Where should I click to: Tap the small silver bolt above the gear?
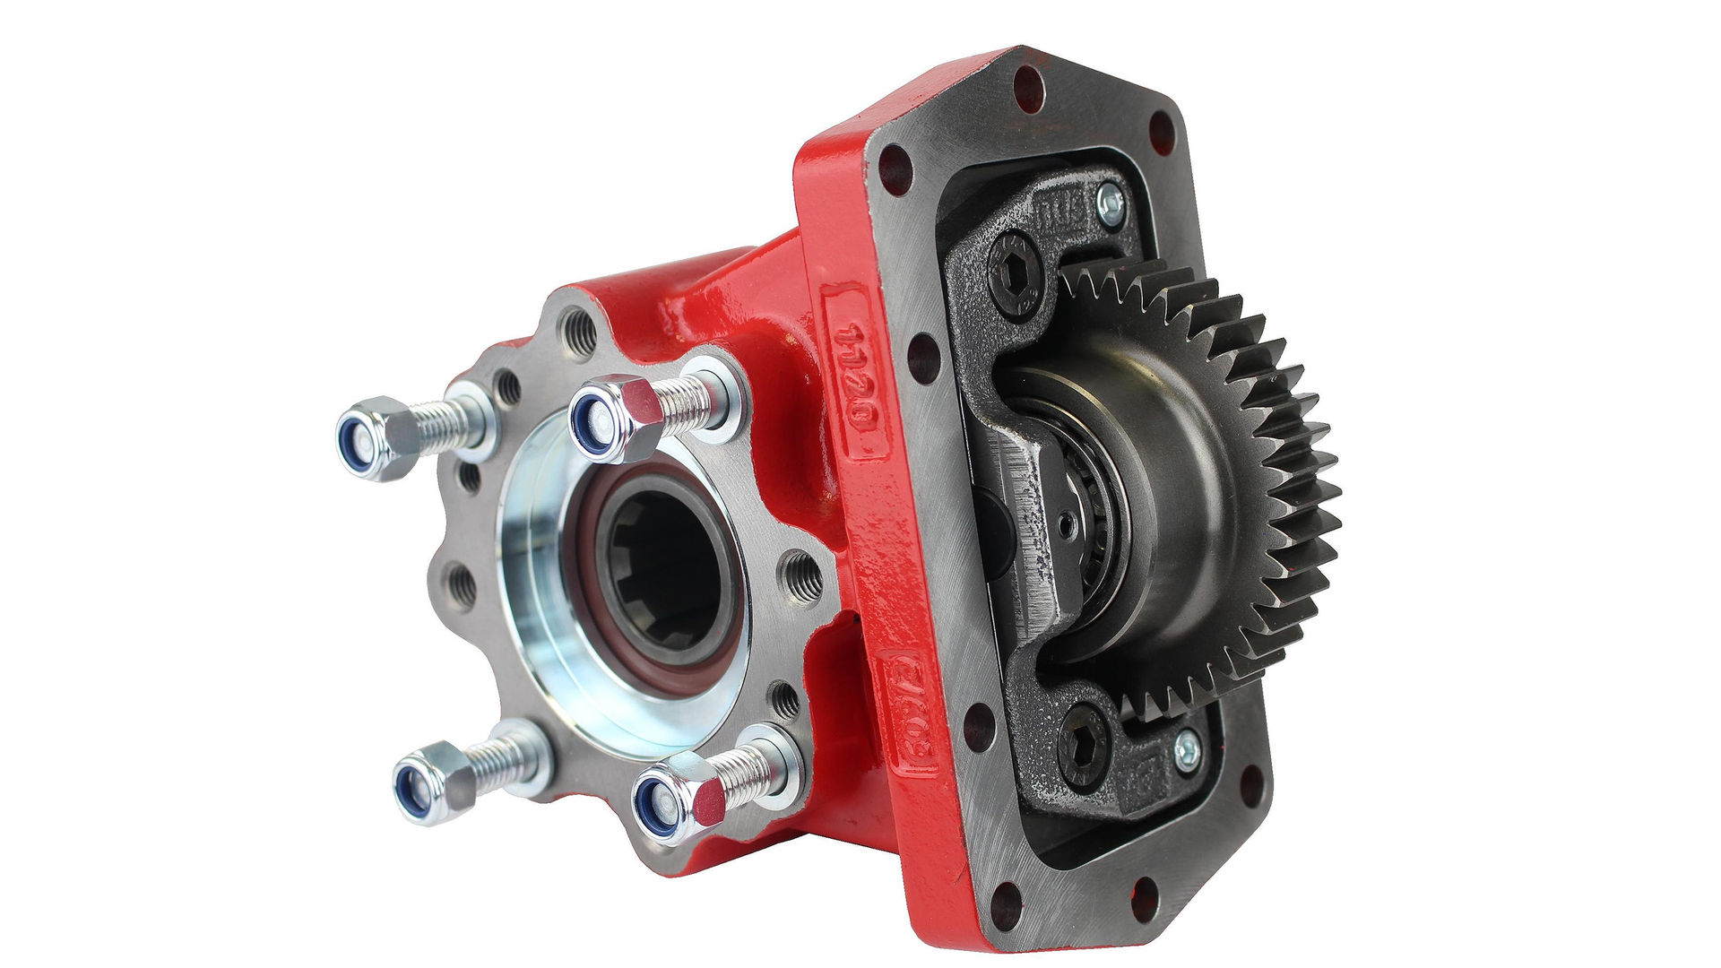click(1112, 204)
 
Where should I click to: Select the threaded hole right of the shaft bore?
click(800, 571)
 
